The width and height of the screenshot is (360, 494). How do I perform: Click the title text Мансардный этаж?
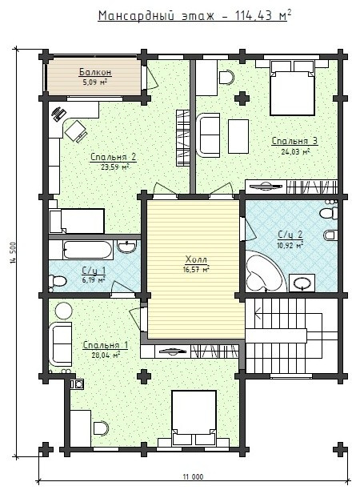[x=156, y=16]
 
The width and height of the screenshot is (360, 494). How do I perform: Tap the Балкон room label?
[x=95, y=72]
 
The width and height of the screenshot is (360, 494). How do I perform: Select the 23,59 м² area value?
[x=115, y=167]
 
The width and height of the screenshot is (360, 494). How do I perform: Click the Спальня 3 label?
[x=294, y=141]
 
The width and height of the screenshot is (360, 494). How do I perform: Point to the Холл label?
[x=196, y=259]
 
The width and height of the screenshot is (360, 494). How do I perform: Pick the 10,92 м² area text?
[x=290, y=245]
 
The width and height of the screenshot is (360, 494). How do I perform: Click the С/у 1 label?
[x=94, y=271]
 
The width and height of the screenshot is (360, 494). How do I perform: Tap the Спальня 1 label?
[x=105, y=345]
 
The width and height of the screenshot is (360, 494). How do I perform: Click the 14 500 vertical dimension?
[x=13, y=252]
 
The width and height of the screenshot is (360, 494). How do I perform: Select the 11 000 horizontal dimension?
[x=193, y=476]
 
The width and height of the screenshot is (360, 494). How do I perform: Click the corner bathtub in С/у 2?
[x=264, y=271]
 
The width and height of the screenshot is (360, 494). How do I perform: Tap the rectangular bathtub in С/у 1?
[x=88, y=250]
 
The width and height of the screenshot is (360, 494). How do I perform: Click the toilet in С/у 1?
[x=58, y=280]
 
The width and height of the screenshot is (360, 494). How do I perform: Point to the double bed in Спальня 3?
[x=292, y=88]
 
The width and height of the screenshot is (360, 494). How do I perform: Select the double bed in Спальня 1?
[x=194, y=418]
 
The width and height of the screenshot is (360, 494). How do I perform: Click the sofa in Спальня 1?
[x=60, y=343]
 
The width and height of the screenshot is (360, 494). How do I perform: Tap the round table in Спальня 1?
[x=64, y=311]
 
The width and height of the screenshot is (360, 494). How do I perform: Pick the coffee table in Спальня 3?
[x=238, y=136]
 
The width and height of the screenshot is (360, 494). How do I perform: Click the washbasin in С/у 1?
[x=127, y=246]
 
